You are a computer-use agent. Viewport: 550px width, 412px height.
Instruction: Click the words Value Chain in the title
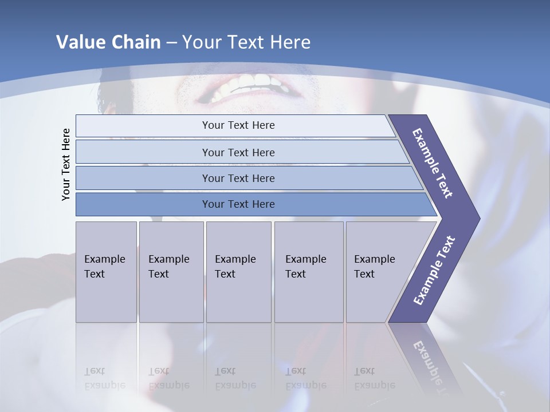tap(108, 42)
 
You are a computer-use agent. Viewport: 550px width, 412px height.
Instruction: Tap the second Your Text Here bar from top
tap(238, 152)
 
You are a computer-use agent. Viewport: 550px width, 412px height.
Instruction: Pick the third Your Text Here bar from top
tap(238, 178)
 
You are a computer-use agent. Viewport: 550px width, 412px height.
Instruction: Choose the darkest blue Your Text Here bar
tap(238, 204)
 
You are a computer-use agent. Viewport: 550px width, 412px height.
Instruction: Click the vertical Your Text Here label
tap(66, 165)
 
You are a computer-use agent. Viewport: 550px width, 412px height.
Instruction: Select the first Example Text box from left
tap(106, 272)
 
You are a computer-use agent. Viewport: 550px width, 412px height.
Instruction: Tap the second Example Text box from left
tap(171, 272)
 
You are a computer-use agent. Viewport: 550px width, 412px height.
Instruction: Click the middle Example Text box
tap(238, 272)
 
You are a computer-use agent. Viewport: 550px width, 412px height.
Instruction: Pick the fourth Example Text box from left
tap(309, 272)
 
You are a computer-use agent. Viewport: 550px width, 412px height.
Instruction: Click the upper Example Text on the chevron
tap(433, 163)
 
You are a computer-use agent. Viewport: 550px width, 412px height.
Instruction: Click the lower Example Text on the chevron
tap(434, 271)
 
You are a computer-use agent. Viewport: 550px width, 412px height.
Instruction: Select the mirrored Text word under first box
tap(95, 371)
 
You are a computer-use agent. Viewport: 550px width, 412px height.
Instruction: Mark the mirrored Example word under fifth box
tap(374, 386)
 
